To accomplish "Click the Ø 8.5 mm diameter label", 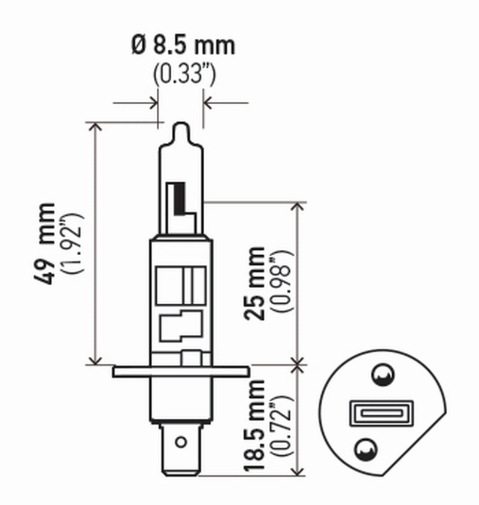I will [x=183, y=46].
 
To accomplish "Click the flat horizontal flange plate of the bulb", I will [x=180, y=371].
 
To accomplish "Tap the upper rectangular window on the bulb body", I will [x=180, y=281].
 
